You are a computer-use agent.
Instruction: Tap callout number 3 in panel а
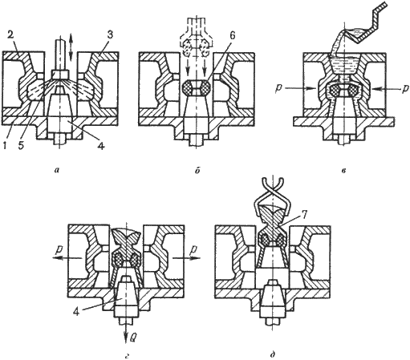(109, 35)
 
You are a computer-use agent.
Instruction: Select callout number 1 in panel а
(5, 145)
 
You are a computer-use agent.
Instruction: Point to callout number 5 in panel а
(21, 145)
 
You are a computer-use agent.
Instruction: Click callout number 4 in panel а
(101, 146)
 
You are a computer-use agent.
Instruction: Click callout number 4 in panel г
(76, 312)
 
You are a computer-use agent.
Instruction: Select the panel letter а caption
(56, 169)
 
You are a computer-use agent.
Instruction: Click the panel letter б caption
(197, 170)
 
